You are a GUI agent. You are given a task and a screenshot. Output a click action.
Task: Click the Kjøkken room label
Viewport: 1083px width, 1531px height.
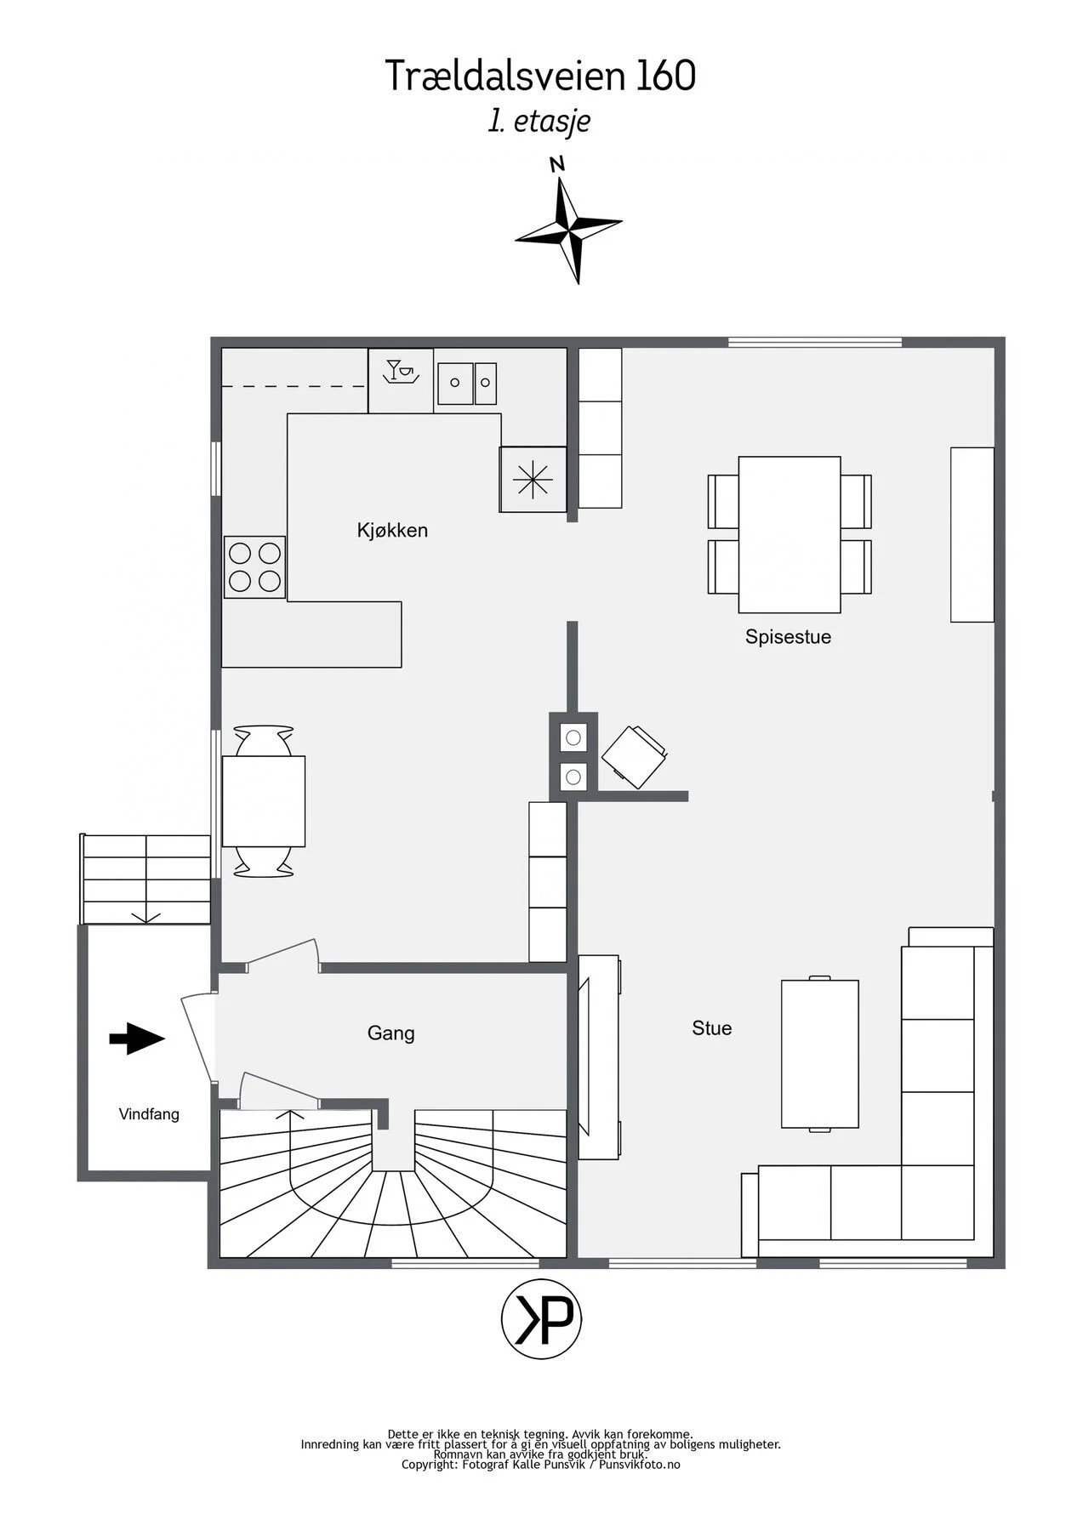coord(392,531)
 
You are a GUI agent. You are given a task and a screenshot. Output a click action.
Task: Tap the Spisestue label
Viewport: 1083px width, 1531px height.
coord(788,637)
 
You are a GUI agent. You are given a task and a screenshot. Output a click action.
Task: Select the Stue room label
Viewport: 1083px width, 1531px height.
coord(712,1028)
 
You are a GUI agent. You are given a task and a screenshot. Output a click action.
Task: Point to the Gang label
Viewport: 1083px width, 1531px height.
coord(391,1033)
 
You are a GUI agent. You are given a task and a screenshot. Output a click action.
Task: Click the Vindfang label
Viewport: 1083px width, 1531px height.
coord(149,1114)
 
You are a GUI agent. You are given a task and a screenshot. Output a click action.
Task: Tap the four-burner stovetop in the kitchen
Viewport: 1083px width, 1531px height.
coord(255,567)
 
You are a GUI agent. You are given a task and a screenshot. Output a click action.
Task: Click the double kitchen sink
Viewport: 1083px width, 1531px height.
coord(467,384)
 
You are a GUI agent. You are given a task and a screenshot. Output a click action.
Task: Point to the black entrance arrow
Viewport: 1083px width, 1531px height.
coord(137,1038)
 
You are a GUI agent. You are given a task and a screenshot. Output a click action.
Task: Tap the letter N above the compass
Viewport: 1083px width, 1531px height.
coord(557,164)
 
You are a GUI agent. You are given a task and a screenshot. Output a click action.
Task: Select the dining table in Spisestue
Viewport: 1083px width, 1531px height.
coord(789,534)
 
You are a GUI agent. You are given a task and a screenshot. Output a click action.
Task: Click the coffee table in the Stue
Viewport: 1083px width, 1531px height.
coord(820,1054)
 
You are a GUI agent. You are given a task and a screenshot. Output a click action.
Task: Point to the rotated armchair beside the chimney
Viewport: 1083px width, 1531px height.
coord(634,756)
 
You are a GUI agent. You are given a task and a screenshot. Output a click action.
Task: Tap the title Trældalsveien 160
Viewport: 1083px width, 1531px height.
coord(541,76)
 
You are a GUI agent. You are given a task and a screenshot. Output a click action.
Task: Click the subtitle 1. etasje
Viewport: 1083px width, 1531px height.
coord(539,121)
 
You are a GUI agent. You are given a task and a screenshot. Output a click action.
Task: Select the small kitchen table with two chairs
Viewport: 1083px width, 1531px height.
coord(264,800)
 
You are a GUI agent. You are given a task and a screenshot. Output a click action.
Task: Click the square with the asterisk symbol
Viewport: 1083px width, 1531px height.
coord(533,480)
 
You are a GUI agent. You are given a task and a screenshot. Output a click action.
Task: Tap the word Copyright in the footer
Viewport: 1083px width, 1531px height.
coord(429,1465)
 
